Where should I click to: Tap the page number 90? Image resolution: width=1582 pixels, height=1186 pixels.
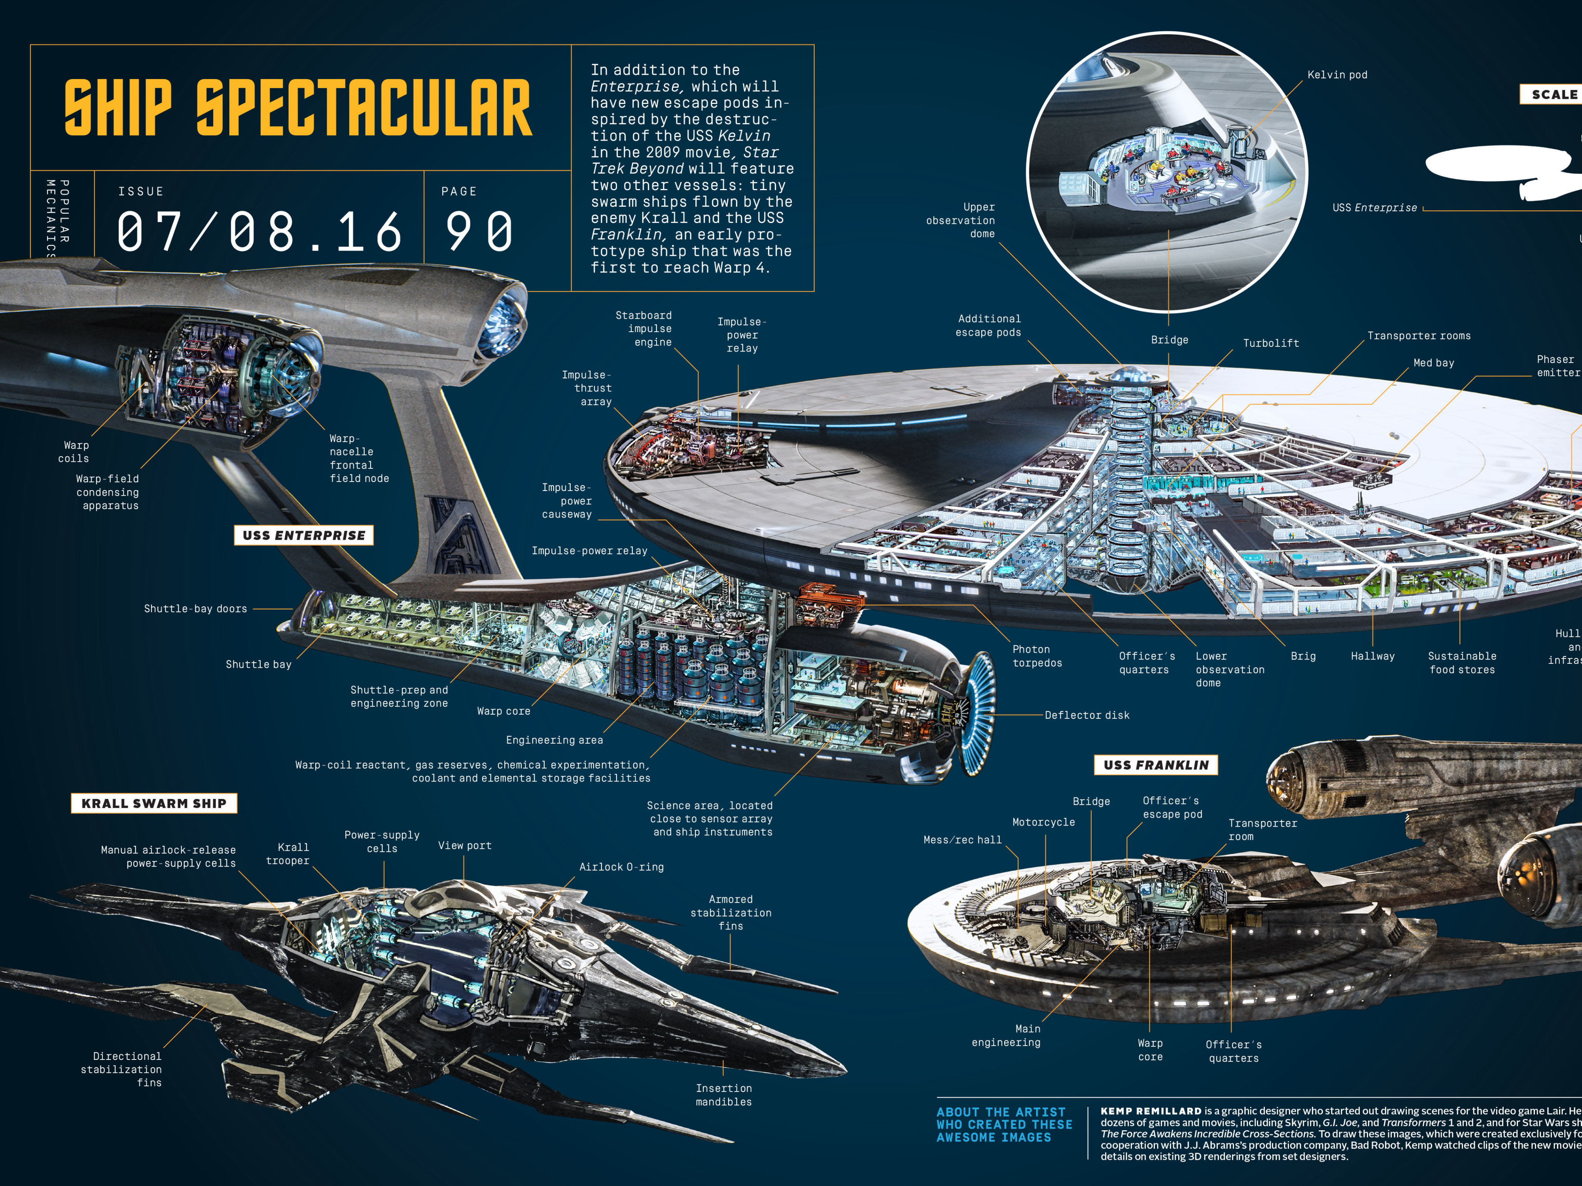pyautogui.click(x=479, y=232)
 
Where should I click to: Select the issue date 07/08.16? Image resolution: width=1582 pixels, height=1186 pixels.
pyautogui.click(x=259, y=232)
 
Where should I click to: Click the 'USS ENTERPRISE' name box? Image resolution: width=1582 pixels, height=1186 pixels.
pyautogui.click(x=304, y=535)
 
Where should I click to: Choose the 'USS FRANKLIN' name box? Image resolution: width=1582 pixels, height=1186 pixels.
pyautogui.click(x=1156, y=765)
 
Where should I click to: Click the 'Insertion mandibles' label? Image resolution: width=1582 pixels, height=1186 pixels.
pyautogui.click(x=724, y=1095)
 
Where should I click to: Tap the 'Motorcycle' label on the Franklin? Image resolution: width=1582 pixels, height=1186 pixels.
pyautogui.click(x=1043, y=822)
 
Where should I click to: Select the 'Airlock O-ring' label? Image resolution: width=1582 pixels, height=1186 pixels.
pyautogui.click(x=621, y=867)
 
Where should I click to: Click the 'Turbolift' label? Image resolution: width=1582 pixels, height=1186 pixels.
pyautogui.click(x=1271, y=343)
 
